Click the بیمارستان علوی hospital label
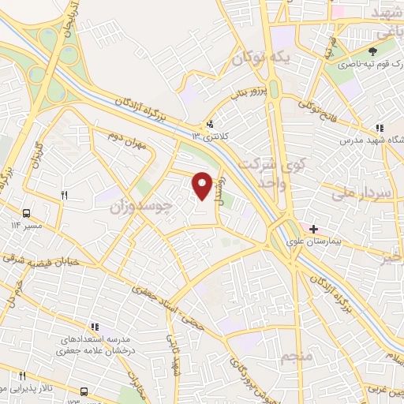(x=323, y=242)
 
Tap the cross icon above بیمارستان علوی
(x=313, y=229)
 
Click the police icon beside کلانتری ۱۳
(x=209, y=124)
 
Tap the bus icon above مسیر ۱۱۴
(x=27, y=213)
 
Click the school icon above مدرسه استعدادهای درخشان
(x=95, y=326)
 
